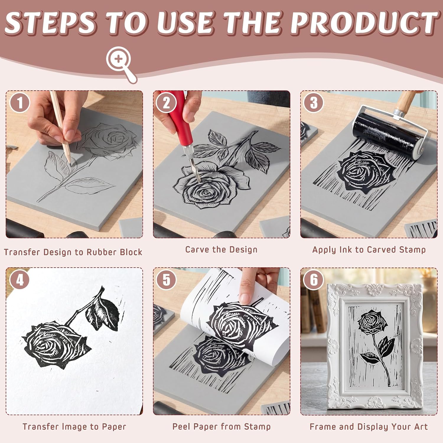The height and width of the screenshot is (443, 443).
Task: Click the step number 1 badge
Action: point(20,103)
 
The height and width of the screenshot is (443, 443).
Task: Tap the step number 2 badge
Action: point(167,103)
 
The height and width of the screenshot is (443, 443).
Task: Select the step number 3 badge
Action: point(314,103)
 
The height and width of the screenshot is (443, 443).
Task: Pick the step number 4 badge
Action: point(20,280)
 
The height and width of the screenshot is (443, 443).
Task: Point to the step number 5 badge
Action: point(167,280)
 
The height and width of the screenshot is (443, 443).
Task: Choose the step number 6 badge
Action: point(314,280)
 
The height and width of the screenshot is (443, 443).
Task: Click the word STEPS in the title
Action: point(51,23)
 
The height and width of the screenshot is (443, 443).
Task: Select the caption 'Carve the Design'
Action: point(221,250)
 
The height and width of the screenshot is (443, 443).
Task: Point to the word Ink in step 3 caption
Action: point(346,250)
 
